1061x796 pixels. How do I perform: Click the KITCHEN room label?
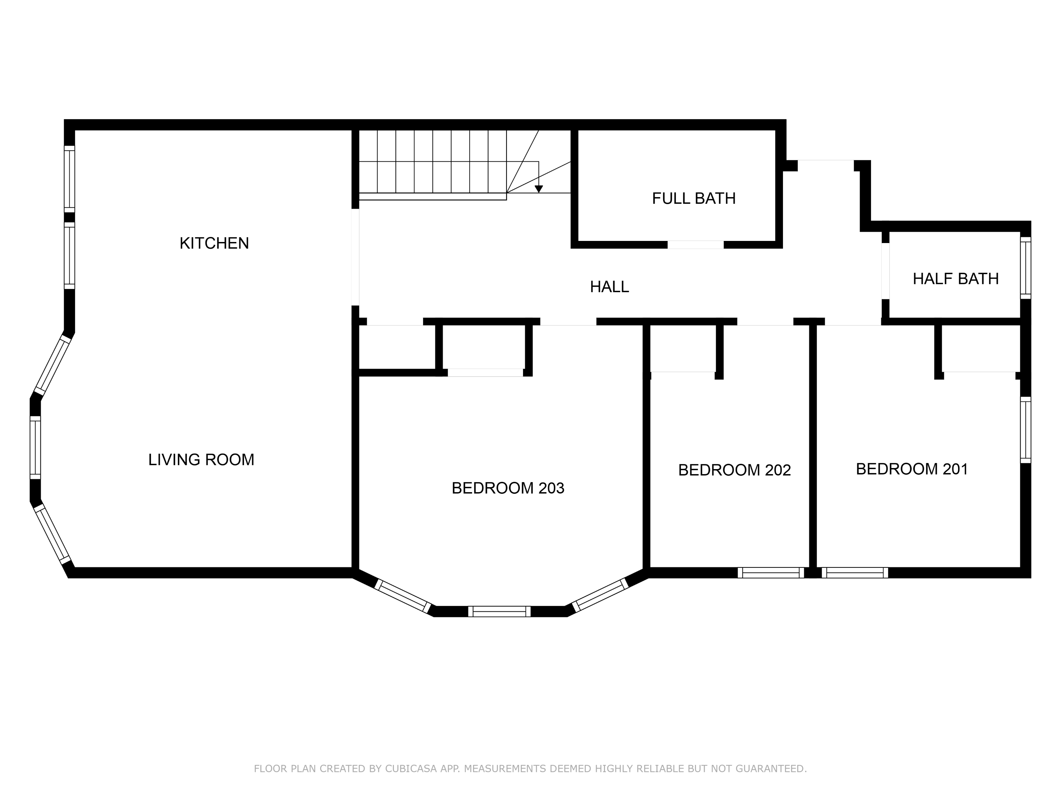point(214,243)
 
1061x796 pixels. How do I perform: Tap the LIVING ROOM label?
point(201,460)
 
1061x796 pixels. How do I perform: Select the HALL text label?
point(609,287)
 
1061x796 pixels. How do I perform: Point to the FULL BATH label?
point(694,198)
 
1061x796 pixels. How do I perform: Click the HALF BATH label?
point(956,279)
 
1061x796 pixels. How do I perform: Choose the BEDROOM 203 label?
point(508,488)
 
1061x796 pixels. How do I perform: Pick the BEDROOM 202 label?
point(734,470)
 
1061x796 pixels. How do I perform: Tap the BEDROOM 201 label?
point(912,469)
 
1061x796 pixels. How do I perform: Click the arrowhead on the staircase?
point(539,189)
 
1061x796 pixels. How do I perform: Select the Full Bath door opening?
point(696,245)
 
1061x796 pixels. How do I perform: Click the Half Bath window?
point(1025,268)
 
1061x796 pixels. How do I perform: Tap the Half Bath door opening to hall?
point(886,271)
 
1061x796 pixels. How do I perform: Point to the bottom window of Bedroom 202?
point(771,572)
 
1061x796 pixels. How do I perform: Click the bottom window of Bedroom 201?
point(855,572)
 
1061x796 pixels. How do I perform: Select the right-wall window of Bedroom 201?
point(1025,430)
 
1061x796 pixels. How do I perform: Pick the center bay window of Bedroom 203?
point(499,611)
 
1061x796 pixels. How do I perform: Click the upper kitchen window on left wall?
point(70,179)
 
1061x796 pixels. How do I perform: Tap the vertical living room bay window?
point(35,448)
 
